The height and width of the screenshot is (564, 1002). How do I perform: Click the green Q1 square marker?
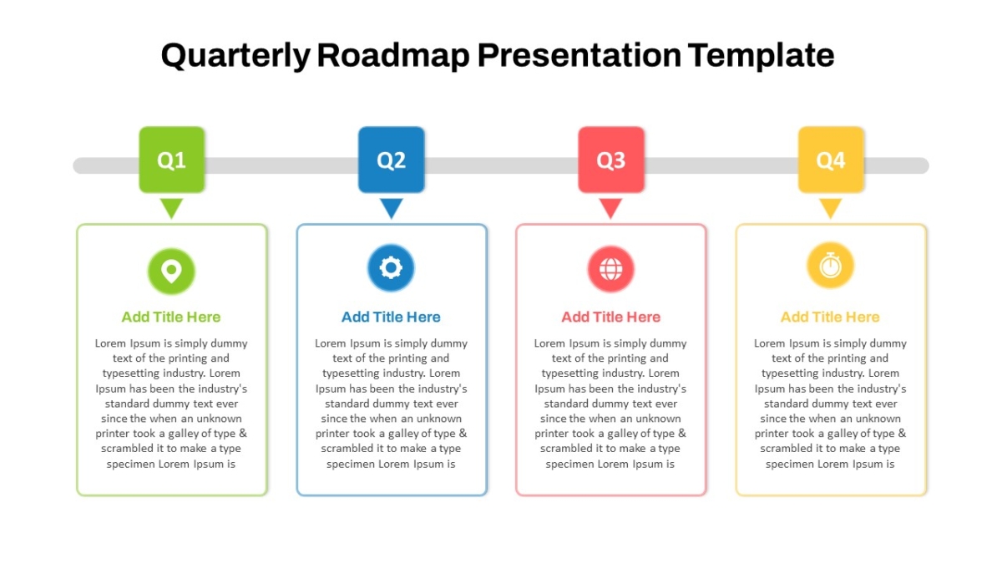(172, 160)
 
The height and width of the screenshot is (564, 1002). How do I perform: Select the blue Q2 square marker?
(392, 160)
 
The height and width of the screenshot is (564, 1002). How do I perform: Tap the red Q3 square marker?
(611, 160)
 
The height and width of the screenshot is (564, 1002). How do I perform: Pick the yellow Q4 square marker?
(831, 160)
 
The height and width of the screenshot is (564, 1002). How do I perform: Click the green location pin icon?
(171, 272)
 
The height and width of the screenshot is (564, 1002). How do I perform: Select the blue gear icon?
(391, 268)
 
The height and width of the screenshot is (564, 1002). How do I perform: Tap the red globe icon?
(610, 269)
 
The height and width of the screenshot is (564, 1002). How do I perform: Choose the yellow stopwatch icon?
(830, 266)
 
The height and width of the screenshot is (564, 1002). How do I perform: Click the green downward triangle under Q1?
(172, 208)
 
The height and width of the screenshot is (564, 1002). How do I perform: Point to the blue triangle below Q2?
(392, 208)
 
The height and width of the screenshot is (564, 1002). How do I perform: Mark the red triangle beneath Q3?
(610, 208)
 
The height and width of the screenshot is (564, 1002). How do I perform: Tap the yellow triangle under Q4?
(831, 208)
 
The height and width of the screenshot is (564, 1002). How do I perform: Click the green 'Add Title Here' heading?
(171, 317)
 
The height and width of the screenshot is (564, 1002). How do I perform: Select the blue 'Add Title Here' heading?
(391, 317)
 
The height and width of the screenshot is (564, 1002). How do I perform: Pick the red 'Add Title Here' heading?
(610, 317)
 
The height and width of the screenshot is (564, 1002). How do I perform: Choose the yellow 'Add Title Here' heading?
(830, 317)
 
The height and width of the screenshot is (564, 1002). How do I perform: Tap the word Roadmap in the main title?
(393, 55)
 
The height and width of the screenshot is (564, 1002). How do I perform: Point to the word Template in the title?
(761, 55)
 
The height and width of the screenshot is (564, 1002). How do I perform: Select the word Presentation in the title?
(579, 55)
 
